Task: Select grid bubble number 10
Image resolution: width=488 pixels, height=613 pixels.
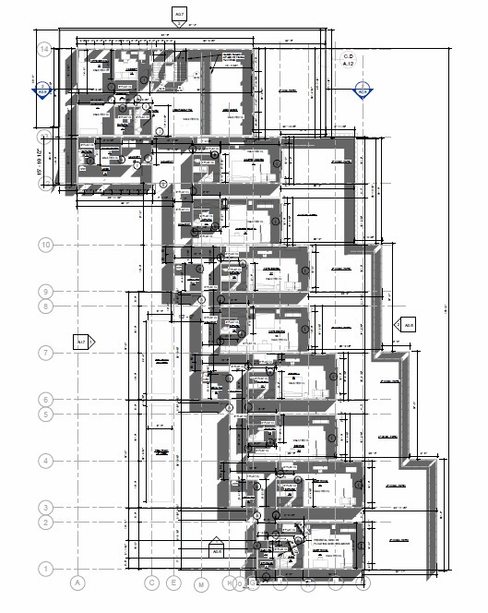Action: [43, 245]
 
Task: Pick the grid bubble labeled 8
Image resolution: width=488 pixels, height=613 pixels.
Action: [43, 306]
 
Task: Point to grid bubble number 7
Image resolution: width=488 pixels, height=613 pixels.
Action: [43, 353]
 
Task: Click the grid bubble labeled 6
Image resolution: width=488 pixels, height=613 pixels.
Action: [43, 399]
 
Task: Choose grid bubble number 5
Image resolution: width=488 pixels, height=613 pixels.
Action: [43, 415]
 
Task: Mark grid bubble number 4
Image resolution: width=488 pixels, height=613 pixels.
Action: [43, 461]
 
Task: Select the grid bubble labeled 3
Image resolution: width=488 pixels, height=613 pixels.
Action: [43, 508]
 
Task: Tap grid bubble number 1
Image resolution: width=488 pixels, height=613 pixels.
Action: [43, 569]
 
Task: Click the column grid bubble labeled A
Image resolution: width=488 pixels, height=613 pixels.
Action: [78, 583]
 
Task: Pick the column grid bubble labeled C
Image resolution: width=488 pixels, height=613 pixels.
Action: [151, 583]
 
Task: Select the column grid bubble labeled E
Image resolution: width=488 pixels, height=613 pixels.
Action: [173, 583]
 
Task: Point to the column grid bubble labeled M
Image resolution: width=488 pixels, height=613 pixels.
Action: [200, 583]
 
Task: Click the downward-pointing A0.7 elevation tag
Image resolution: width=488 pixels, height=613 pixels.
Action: [179, 14]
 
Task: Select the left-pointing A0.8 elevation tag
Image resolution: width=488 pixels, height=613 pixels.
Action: [407, 325]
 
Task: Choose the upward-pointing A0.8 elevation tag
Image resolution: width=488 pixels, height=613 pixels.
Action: [218, 551]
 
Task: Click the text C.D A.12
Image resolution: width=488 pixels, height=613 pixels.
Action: [349, 61]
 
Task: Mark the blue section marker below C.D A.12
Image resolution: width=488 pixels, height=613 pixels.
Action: [363, 91]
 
